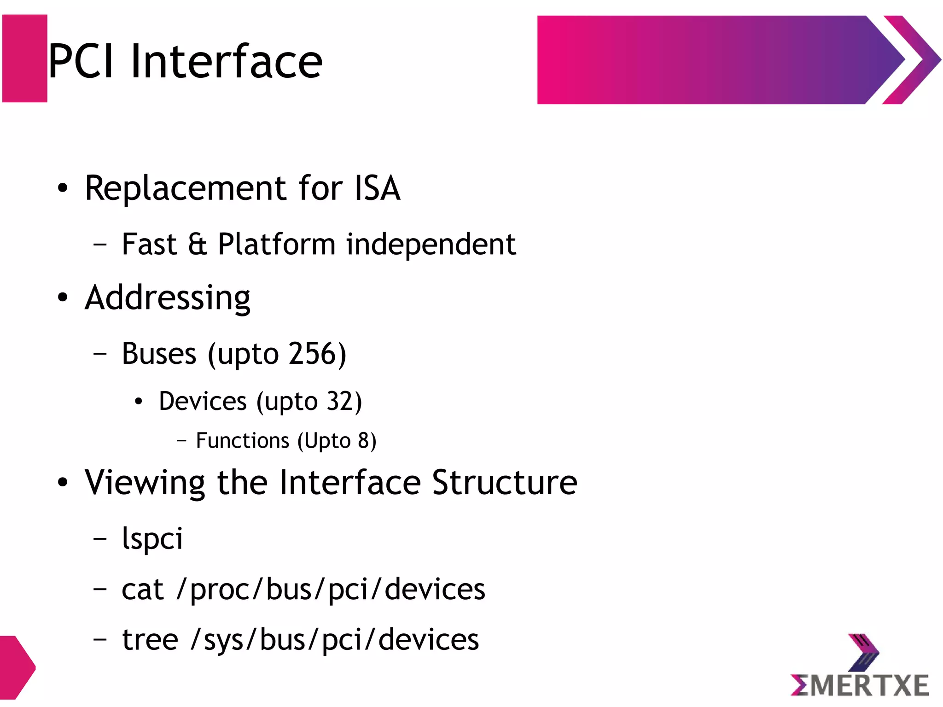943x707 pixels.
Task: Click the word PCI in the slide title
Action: click(81, 61)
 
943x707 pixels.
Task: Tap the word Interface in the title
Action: click(226, 61)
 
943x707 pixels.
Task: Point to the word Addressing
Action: click(168, 298)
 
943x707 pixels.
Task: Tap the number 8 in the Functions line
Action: click(363, 441)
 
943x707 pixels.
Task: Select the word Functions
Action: click(242, 441)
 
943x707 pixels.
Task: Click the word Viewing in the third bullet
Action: click(145, 483)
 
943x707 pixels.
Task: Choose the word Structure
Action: click(505, 483)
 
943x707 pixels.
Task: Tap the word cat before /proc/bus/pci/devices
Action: click(142, 590)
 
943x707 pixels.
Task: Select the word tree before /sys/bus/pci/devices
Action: click(150, 640)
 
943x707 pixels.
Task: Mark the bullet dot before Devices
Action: click(139, 402)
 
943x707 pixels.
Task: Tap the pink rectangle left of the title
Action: click(25, 58)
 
